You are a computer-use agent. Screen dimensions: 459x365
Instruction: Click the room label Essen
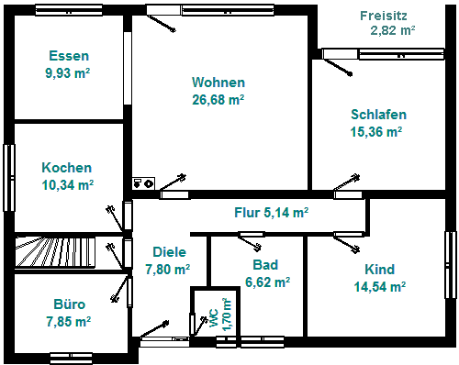coord(69,56)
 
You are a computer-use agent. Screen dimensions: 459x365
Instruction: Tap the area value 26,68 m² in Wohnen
coord(218,100)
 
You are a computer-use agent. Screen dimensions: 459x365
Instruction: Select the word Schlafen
coord(378,115)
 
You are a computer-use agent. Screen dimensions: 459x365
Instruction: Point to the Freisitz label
coord(384,16)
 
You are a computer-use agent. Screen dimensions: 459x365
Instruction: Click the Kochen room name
coord(67,168)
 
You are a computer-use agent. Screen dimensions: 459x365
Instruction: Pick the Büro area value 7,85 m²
coord(69,322)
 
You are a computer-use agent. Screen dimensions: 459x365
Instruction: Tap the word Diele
coord(169,252)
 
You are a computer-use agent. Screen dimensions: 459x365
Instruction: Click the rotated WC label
coord(214,318)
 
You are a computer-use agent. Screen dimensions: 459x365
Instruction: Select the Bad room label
coord(265,265)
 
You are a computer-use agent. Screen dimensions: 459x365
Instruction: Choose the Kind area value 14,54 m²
coord(380,287)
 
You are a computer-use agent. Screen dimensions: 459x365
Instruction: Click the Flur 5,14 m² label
coord(271,213)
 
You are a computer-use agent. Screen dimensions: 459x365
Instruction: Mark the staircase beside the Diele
coord(55,251)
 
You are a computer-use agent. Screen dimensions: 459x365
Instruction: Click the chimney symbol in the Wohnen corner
coord(143,183)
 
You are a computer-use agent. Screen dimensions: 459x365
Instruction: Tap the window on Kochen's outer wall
coord(9,178)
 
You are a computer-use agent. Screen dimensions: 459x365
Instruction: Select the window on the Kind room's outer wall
coord(450,265)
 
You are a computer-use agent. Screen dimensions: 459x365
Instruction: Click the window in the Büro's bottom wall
coord(71,359)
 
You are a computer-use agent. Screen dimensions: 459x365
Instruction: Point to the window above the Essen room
coord(69,10)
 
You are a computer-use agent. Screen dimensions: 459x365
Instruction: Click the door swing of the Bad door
coord(250,242)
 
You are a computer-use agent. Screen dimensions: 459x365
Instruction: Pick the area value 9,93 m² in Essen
coord(68,73)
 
